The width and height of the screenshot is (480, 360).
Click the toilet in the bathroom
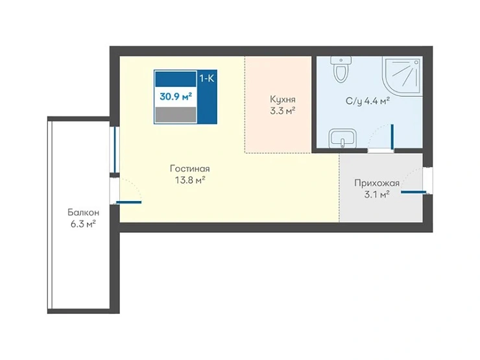(x=341, y=69)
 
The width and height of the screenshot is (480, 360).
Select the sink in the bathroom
(x=342, y=138)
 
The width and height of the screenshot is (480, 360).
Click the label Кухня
(x=283, y=99)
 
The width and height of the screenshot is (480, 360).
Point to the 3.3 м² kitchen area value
(x=282, y=111)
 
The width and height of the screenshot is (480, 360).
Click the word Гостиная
(x=190, y=169)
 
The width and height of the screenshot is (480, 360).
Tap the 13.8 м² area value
(x=190, y=180)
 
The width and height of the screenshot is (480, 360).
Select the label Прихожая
(x=377, y=183)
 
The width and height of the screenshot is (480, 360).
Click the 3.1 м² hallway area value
(x=376, y=195)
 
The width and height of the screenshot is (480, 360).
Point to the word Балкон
(x=83, y=213)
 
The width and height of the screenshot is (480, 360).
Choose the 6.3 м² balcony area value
(x=83, y=224)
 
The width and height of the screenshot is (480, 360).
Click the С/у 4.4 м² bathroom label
(x=367, y=101)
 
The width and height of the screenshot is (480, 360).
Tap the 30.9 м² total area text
(x=176, y=97)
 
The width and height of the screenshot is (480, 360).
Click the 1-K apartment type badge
(x=207, y=78)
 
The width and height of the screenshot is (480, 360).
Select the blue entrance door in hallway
(x=413, y=192)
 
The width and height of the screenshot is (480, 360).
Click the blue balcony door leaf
(x=128, y=202)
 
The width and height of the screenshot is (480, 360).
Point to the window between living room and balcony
(x=115, y=150)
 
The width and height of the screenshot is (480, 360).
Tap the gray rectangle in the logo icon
(x=176, y=115)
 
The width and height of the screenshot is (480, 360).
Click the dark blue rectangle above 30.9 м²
(x=176, y=79)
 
